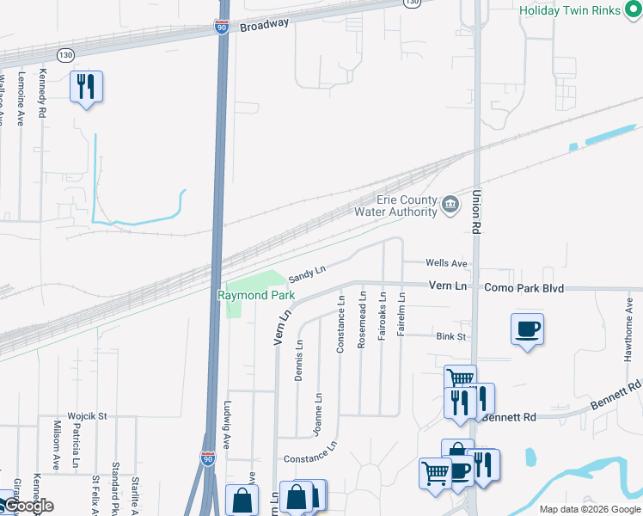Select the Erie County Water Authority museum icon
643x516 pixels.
pos(450,205)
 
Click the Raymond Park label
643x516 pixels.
pos(256,295)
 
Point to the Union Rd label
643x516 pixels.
pos(475,211)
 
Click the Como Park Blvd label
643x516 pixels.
pos(524,288)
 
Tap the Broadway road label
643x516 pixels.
pos(265,26)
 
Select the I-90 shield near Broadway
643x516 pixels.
pos(222,28)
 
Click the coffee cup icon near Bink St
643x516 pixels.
pos(527,329)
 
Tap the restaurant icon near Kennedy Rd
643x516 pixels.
pos(86,86)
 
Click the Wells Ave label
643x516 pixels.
pos(446,263)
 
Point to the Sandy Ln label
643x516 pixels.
pos(307,273)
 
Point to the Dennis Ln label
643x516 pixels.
pos(299,359)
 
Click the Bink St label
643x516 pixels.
pos(450,336)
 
